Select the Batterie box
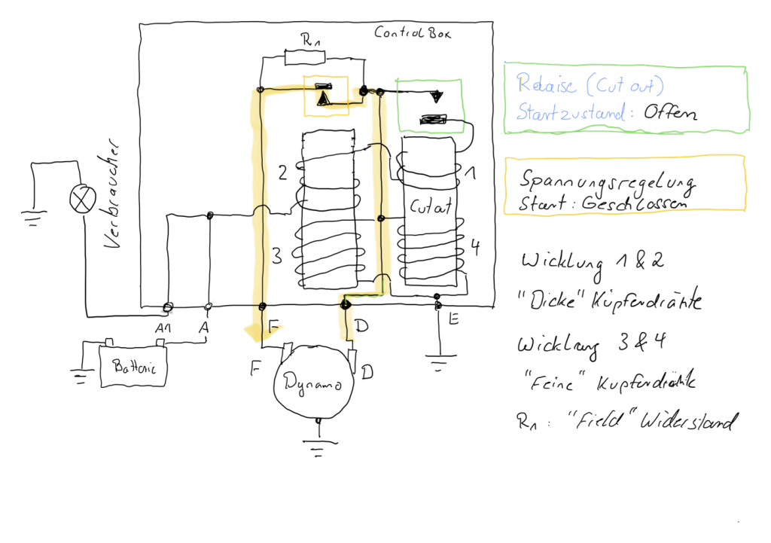pyautogui.click(x=133, y=368)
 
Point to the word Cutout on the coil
pyautogui.click(x=431, y=206)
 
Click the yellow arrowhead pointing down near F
pyautogui.click(x=252, y=330)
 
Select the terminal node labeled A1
pyautogui.click(x=168, y=307)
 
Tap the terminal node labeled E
pyautogui.click(x=437, y=306)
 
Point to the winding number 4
pyautogui.click(x=475, y=246)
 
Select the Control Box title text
pyautogui.click(x=413, y=34)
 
